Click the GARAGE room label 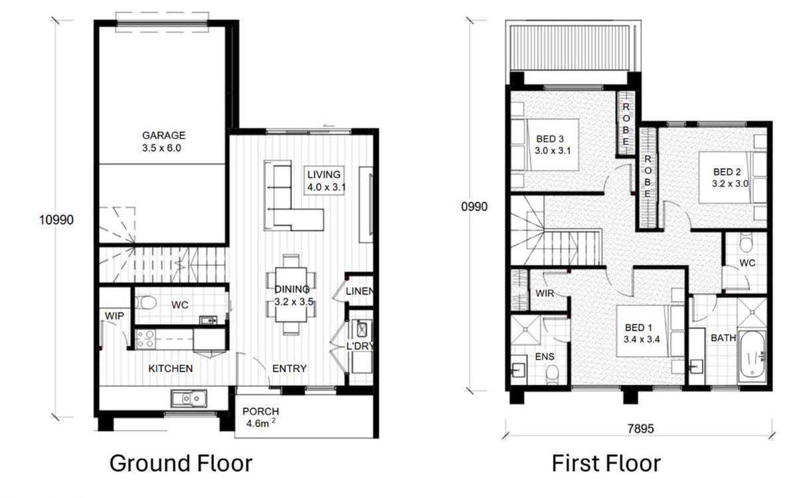pos(163,135)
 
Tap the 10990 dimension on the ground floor pos(56,220)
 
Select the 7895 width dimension pos(640,429)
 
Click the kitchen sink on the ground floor pos(189,398)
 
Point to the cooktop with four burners pos(146,339)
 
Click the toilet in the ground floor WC pos(146,303)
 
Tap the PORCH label pos(260,412)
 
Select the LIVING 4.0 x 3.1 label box pos(324,181)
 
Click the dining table pos(291,295)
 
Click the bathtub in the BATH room pos(752,356)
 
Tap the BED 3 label pos(550,139)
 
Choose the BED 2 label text pos(727,172)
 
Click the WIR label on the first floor pos(545,293)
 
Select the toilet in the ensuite pos(552,376)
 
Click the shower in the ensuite pos(526,330)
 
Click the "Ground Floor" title pos(181,463)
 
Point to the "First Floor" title pos(606,463)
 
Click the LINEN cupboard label pos(359,291)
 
